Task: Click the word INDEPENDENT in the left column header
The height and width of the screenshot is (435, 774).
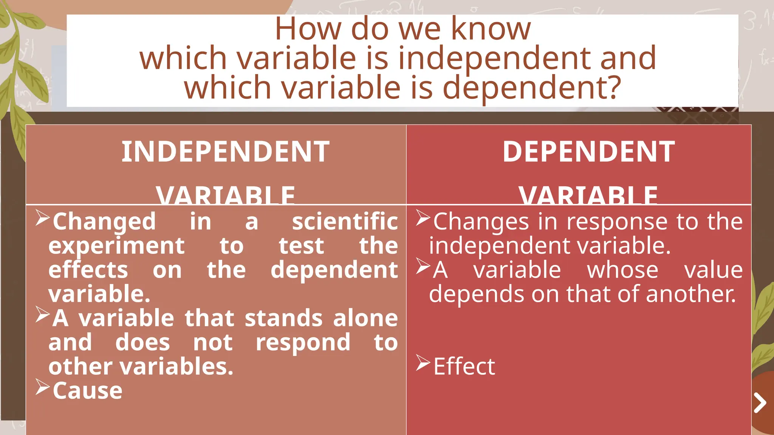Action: [226, 152]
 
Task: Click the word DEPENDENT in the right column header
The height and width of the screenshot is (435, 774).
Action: [588, 152]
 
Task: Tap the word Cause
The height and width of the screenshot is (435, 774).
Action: [87, 390]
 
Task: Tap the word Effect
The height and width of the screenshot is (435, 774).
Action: [464, 366]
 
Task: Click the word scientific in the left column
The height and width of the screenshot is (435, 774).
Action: [345, 221]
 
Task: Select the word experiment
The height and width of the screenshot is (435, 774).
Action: [116, 246]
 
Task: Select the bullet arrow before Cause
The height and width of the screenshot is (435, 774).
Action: [42, 387]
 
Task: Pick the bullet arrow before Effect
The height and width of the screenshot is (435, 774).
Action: [423, 363]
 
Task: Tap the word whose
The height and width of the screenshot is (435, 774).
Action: [622, 270]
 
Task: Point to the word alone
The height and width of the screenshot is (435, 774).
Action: [365, 318]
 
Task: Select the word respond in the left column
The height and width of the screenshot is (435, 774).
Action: [303, 342]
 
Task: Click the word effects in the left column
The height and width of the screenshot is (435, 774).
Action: [88, 270]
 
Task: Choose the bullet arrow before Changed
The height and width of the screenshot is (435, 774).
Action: [42, 218]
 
